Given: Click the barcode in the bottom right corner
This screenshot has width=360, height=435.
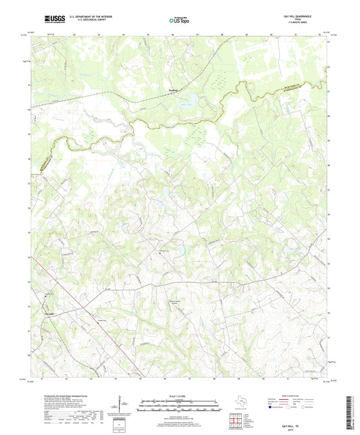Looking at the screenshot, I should click(x=351, y=413).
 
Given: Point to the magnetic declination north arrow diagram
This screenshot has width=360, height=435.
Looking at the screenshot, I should click(x=122, y=405).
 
